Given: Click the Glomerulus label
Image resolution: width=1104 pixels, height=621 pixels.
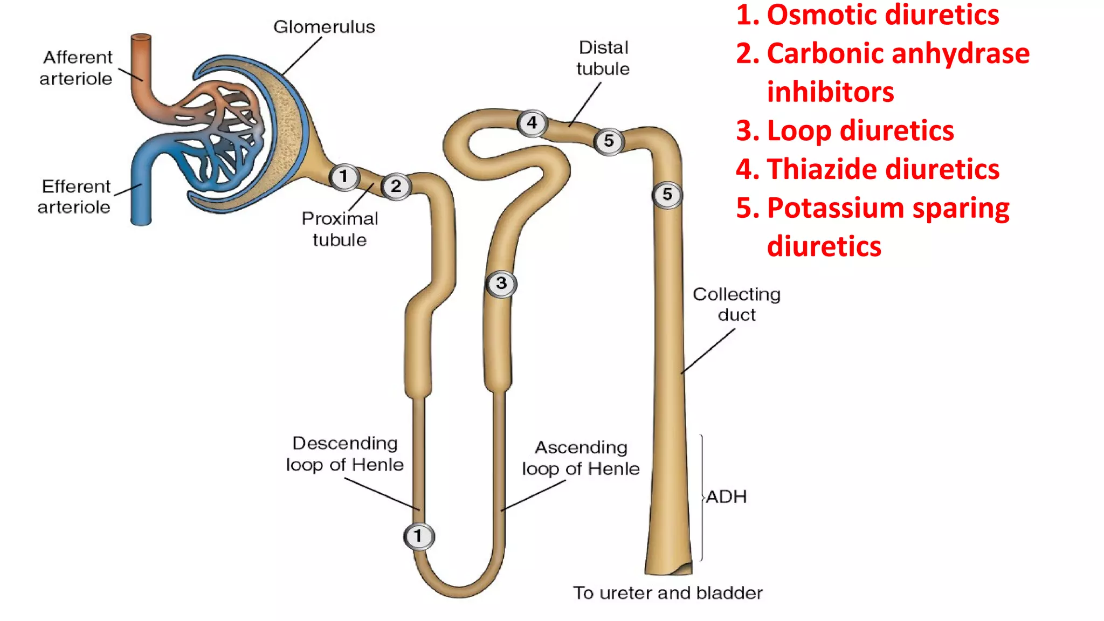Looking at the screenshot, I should coord(324,27).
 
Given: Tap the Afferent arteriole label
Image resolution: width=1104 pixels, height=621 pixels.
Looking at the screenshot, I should coord(77,68).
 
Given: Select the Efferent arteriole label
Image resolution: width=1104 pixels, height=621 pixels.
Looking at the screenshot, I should coord(75,197).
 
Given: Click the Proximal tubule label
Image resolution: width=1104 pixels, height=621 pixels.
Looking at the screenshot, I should coord(340,229).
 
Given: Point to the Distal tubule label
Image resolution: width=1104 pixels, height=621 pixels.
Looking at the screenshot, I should coord(603,58).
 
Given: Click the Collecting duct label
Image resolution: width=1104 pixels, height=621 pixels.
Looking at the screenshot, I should coord(736,305).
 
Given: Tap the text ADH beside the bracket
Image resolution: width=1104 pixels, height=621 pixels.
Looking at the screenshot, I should coord(726,496).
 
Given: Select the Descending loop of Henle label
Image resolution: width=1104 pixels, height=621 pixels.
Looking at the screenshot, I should coord(344,454).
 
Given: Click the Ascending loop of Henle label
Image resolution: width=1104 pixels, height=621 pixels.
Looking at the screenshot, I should coord(581,458).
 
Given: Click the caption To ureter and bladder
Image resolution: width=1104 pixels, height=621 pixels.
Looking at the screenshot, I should coord(667,593).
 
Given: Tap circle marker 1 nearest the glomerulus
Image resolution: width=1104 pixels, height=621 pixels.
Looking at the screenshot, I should coord(344,177).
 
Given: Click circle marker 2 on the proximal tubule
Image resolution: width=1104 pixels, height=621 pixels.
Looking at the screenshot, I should coord(396,187).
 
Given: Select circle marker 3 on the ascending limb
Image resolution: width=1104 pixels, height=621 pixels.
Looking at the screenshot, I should coord(501,284).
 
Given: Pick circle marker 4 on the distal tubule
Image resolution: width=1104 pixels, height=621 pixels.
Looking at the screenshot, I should coord(532,123).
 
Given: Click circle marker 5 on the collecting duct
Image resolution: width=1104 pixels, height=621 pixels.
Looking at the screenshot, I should coord(667,195).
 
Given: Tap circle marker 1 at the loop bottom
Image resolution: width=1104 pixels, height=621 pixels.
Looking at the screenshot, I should coord(418,536).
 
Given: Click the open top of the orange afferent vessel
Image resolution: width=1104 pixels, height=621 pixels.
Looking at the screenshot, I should coord(141,37).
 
